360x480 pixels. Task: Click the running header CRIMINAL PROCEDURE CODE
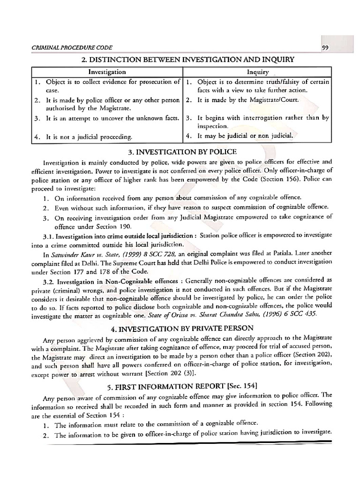64,48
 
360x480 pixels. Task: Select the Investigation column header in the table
107,72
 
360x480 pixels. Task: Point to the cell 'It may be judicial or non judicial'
248,136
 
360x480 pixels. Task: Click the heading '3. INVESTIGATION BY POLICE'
180,152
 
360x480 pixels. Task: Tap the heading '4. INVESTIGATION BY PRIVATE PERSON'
180,328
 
